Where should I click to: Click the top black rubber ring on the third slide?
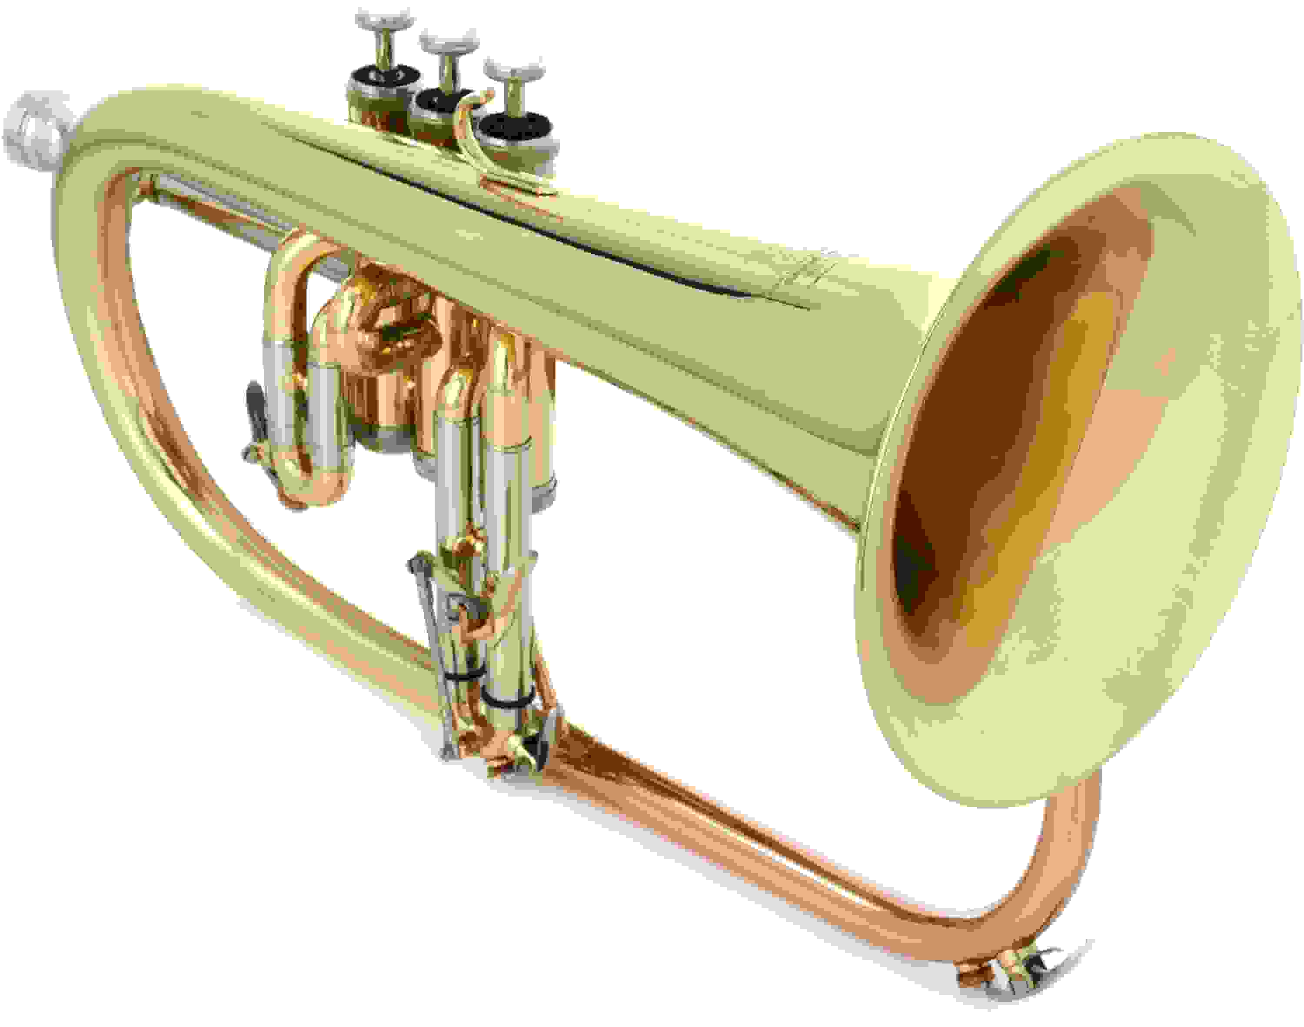click(x=460, y=677)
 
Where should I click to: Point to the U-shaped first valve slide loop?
click(x=306, y=385)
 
